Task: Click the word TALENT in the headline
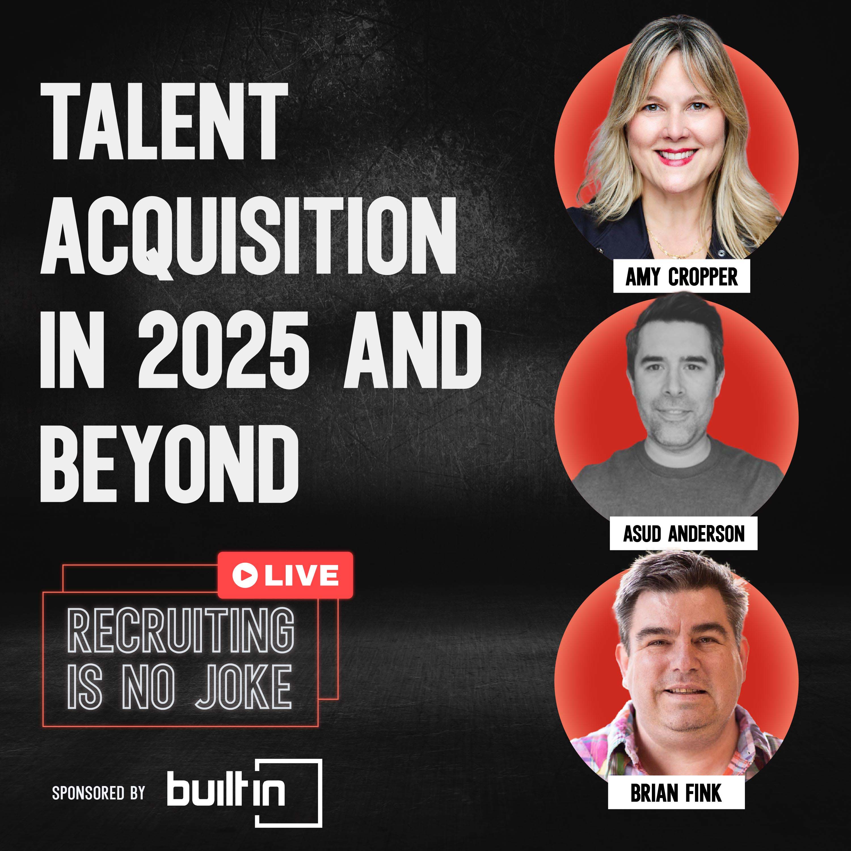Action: coord(164,122)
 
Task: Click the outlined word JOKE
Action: coord(243,687)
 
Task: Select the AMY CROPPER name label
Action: coord(681,277)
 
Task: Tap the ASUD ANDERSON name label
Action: coord(683,534)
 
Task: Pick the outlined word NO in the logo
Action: coord(148,687)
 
